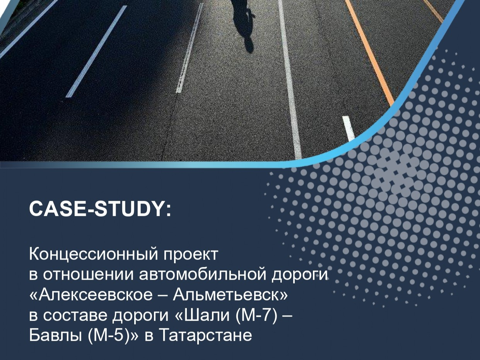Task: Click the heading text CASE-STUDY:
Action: [x=99, y=210]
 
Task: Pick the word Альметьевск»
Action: [x=231, y=295]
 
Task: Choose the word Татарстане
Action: [x=205, y=335]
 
